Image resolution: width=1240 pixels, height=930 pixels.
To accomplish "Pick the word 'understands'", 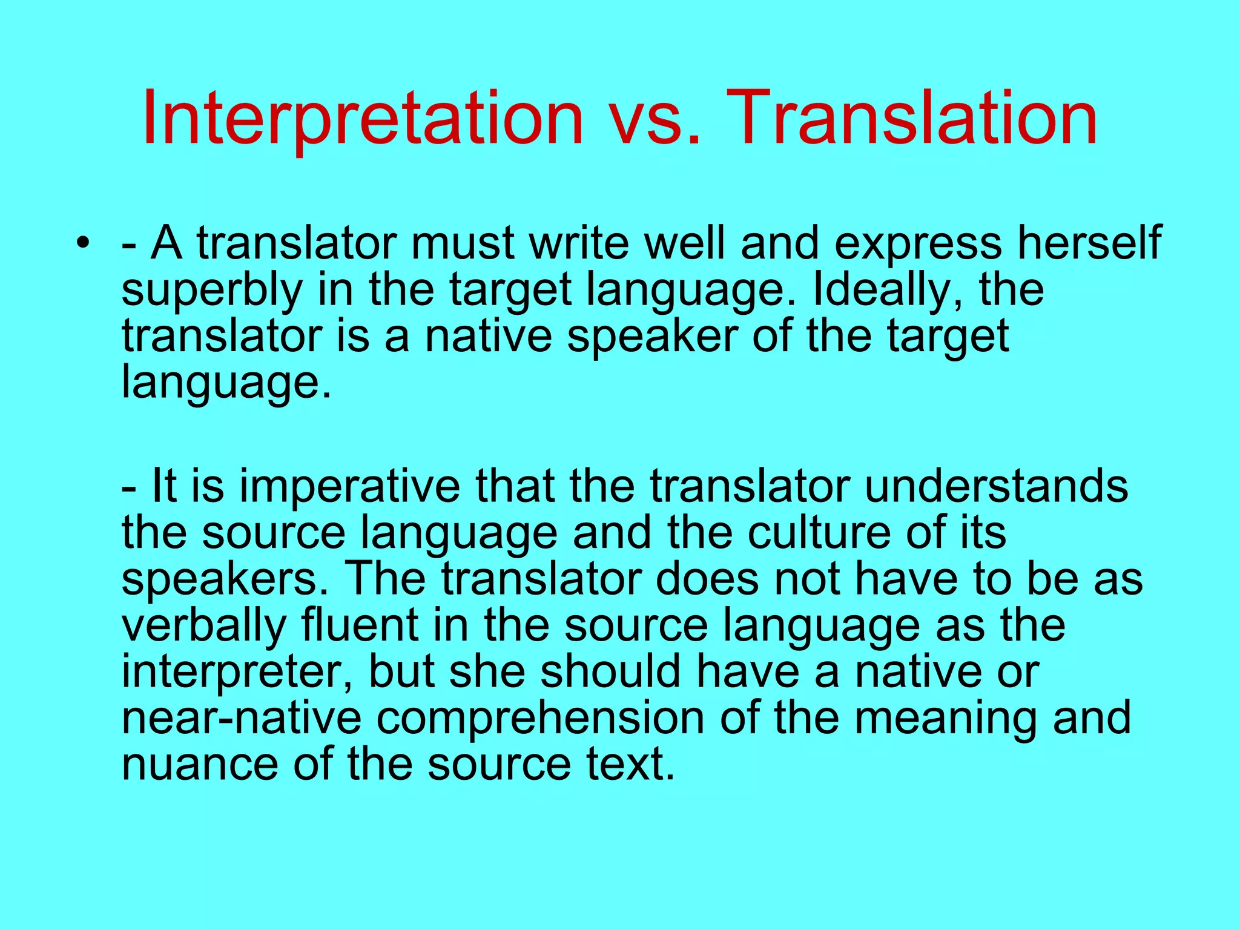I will coord(997,487).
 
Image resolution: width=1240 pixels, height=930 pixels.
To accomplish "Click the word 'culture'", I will coord(819,533).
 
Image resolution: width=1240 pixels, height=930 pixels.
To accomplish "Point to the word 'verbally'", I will coord(204,626).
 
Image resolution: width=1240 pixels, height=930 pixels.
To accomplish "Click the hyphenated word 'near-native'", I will coord(242,718).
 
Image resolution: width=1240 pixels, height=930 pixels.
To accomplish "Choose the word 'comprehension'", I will coord(540,719).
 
